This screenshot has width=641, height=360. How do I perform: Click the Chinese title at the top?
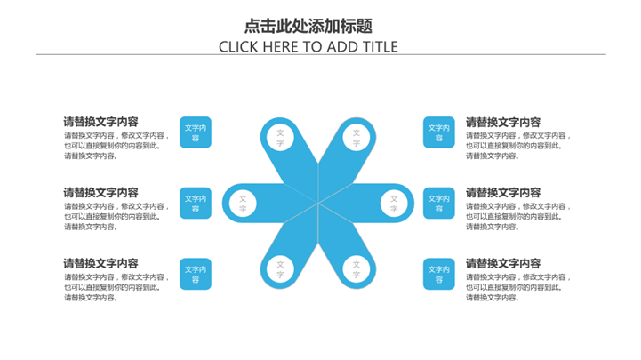tap(308, 26)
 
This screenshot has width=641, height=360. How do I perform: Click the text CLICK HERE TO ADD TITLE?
tap(308, 47)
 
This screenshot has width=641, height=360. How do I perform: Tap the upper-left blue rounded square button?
tap(196, 132)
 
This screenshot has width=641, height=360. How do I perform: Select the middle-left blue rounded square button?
tap(196, 204)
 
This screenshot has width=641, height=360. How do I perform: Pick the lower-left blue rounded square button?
tap(196, 274)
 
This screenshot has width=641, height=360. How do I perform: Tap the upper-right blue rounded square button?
tap(439, 132)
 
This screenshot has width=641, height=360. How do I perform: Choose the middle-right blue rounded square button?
tap(439, 204)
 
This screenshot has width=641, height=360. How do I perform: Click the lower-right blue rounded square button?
tap(439, 274)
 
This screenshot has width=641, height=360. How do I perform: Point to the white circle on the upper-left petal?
tap(280, 137)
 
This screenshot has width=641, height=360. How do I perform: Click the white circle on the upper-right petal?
tap(356, 137)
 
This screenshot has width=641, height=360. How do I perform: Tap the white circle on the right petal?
tap(394, 204)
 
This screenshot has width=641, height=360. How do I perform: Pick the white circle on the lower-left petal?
tap(280, 268)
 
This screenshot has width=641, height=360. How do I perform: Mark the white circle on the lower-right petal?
tap(356, 268)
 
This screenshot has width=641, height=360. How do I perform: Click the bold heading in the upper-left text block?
tap(100, 122)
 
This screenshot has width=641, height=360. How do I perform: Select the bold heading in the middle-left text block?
tap(100, 192)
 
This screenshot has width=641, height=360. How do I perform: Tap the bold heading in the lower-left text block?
tap(100, 263)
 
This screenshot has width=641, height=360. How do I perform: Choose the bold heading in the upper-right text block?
tap(503, 122)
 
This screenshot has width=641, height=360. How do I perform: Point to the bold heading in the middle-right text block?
tap(503, 192)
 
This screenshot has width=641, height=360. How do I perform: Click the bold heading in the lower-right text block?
tap(503, 263)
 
